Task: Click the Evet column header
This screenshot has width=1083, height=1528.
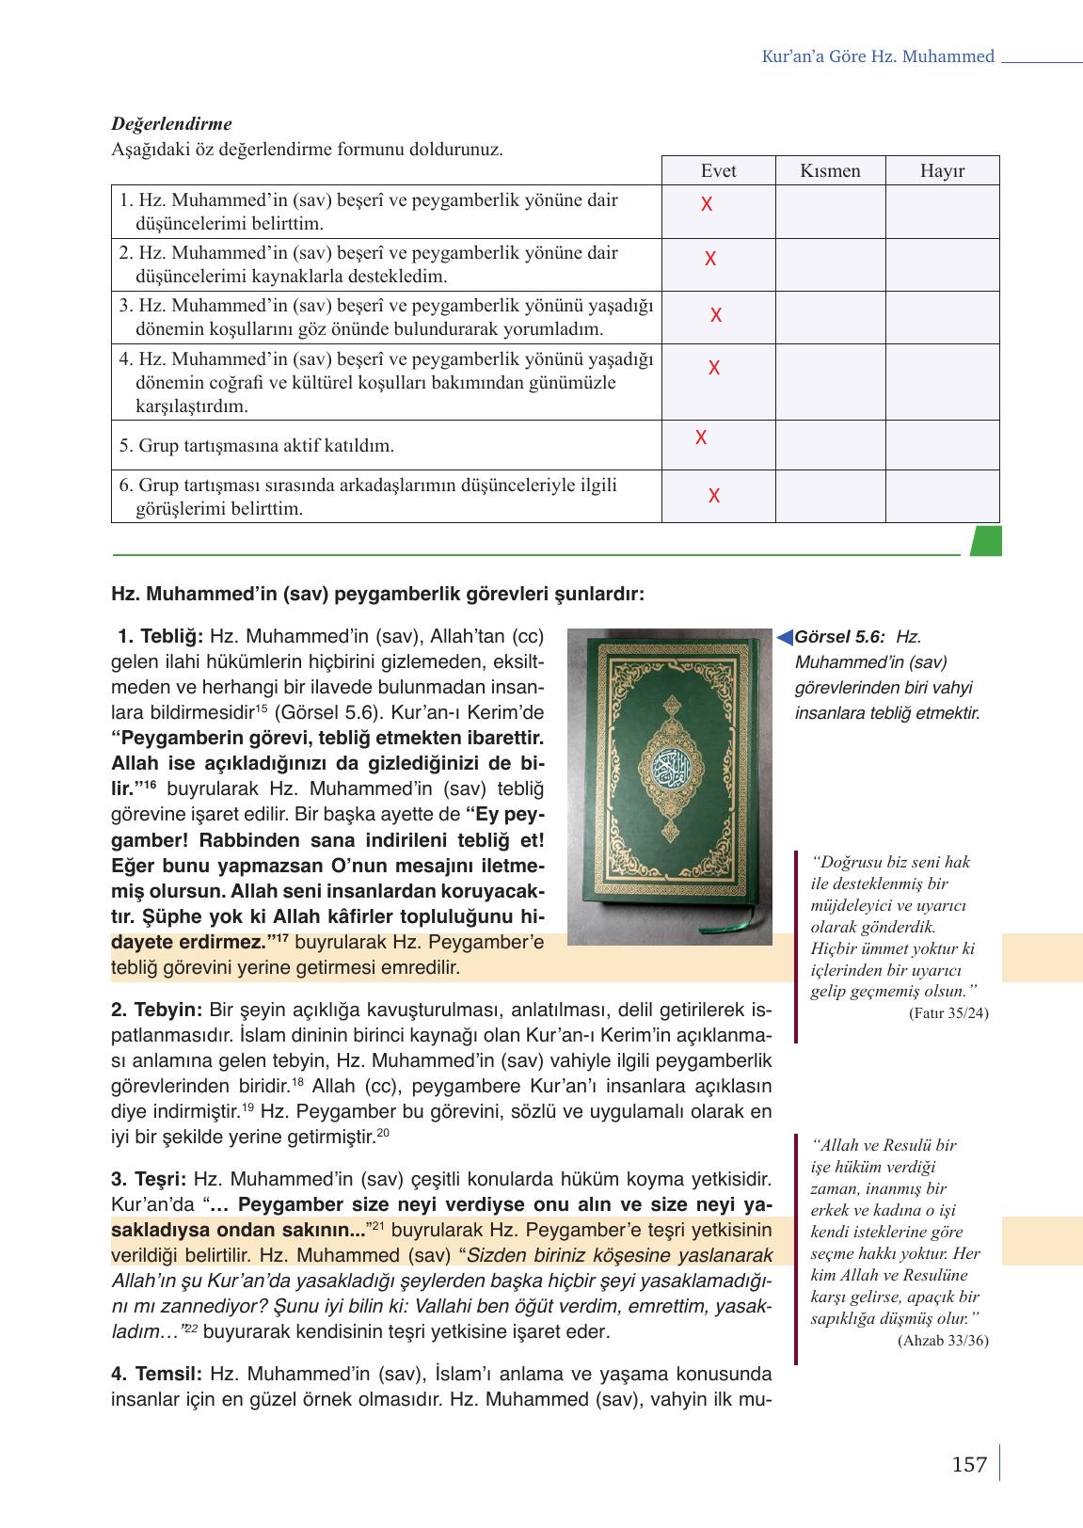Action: pyautogui.click(x=718, y=171)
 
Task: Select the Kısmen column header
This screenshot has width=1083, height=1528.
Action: pyautogui.click(x=830, y=171)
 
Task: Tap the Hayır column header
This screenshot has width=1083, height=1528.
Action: pyautogui.click(x=942, y=171)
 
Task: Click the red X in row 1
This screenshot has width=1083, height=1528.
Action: pyautogui.click(x=707, y=204)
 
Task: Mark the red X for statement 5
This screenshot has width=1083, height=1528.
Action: pyautogui.click(x=701, y=438)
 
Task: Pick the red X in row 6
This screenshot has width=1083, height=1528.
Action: pyautogui.click(x=714, y=496)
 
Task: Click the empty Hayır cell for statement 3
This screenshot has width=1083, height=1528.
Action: pyautogui.click(x=942, y=317)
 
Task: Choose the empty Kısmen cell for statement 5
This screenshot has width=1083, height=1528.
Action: pyautogui.click(x=830, y=445)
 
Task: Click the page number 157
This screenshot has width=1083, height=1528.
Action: pyautogui.click(x=969, y=1465)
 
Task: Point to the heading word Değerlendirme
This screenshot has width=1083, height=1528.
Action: pyautogui.click(x=171, y=124)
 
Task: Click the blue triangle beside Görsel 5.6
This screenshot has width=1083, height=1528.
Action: pyautogui.click(x=784, y=639)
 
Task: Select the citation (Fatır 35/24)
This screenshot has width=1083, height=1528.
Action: pyautogui.click(x=948, y=1013)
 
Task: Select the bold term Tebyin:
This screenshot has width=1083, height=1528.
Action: pyautogui.click(x=156, y=1011)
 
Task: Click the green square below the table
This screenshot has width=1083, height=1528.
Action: pyautogui.click(x=985, y=541)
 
